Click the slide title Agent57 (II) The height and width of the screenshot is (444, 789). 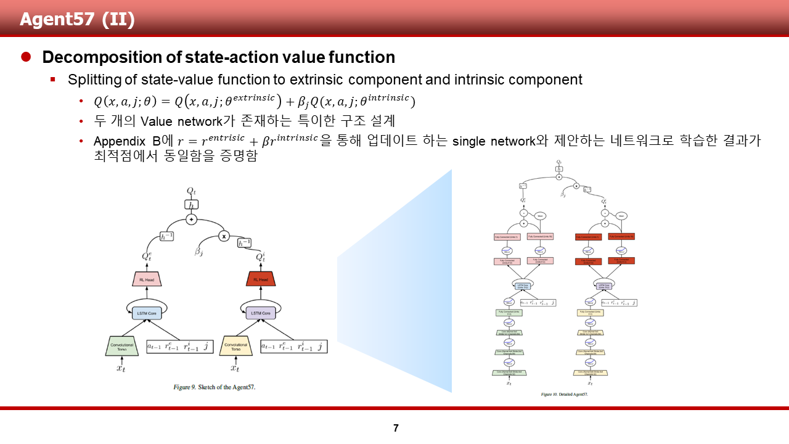click(77, 19)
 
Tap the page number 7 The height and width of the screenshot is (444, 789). click(396, 428)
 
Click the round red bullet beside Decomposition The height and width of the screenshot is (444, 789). click(26, 57)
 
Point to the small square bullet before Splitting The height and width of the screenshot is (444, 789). click(53, 80)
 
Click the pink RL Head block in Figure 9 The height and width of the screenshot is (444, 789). click(147, 279)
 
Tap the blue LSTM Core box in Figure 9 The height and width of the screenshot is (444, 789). click(147, 313)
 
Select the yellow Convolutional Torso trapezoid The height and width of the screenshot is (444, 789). click(236, 347)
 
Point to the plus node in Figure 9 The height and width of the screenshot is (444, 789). click(191, 220)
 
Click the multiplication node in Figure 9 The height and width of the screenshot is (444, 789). click(224, 236)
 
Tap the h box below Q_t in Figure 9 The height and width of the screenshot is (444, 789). click(191, 204)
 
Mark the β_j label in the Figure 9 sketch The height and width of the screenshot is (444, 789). click(198, 252)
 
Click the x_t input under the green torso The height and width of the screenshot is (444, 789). click(121, 368)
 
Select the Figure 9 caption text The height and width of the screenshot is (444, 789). click(214, 387)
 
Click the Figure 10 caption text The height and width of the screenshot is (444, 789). click(564, 394)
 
